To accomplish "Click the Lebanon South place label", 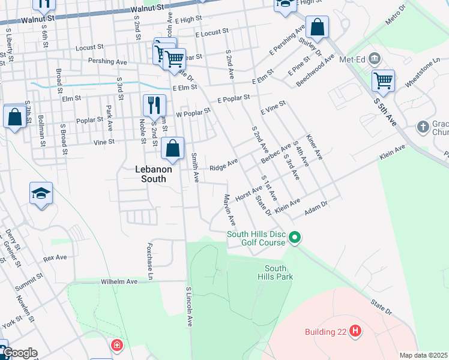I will [x=152, y=174].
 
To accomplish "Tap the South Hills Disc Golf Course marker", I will [x=294, y=238].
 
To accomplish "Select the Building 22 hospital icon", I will [x=355, y=331].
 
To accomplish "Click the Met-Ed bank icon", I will [x=375, y=58].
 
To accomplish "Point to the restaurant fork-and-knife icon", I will [x=154, y=105].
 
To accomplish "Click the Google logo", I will [x=19, y=353].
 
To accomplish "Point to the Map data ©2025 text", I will [x=423, y=355].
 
